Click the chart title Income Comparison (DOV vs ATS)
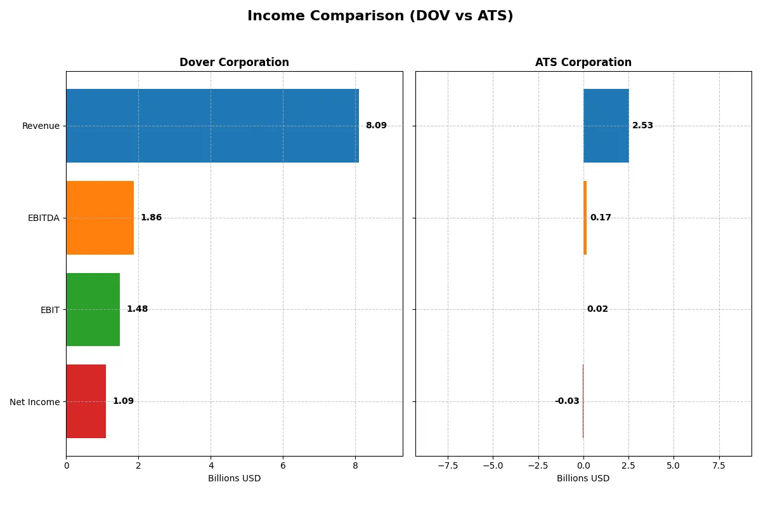[380, 17]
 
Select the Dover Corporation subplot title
[234, 62]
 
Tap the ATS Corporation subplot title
[583, 62]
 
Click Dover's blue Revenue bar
[212, 126]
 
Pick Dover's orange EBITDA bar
[100, 218]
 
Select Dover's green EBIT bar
[93, 309]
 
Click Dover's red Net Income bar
[86, 401]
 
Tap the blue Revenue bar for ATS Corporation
[606, 126]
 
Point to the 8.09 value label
[376, 126]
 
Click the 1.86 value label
[151, 218]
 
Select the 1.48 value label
[137, 309]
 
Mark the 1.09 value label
[123, 401]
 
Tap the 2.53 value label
[642, 126]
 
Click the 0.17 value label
[601, 218]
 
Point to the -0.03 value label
[567, 401]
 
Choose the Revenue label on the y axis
[41, 126]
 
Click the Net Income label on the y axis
[35, 402]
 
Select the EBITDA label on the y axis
[44, 218]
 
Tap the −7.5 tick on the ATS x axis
[448, 465]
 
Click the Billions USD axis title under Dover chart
[234, 478]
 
